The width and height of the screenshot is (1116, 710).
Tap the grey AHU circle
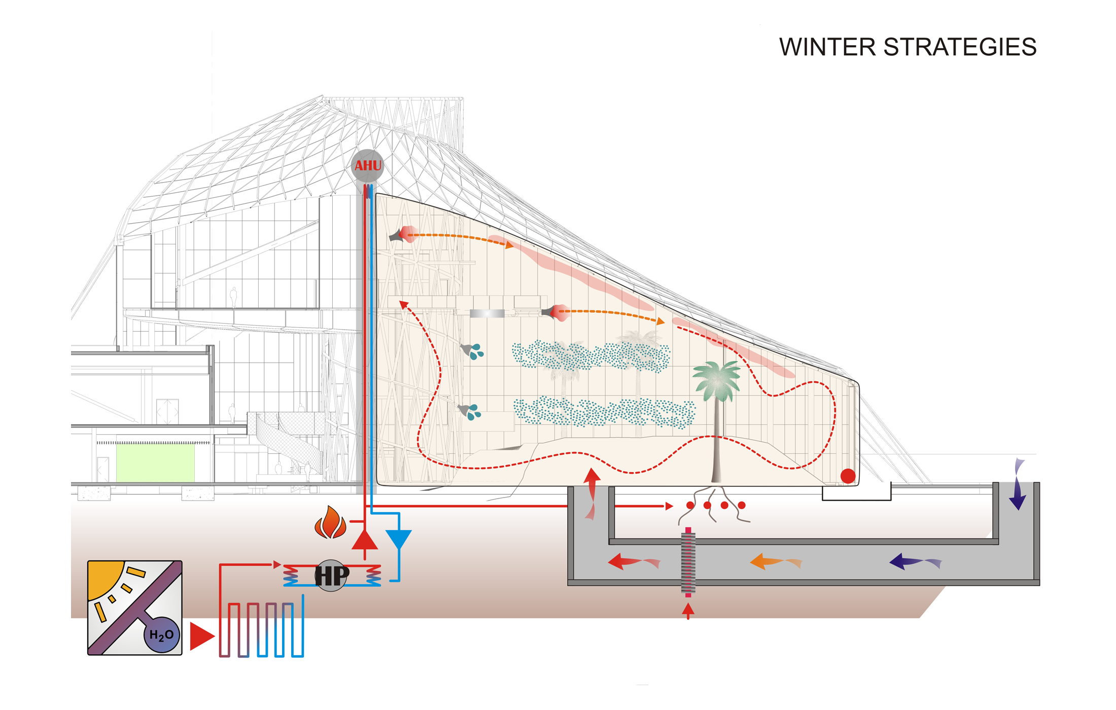pyautogui.click(x=367, y=166)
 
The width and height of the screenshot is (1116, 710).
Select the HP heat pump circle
pyautogui.click(x=331, y=576)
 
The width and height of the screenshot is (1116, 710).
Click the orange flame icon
pyautogui.click(x=330, y=522)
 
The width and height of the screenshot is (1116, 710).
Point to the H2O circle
pyautogui.click(x=162, y=634)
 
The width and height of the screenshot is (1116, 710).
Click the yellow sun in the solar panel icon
pyautogui.click(x=104, y=578)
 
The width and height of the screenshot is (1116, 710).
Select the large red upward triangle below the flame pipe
pyautogui.click(x=365, y=541)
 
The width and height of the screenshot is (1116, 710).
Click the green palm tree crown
pyautogui.click(x=717, y=380)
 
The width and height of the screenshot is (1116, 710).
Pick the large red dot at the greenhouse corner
pyautogui.click(x=848, y=476)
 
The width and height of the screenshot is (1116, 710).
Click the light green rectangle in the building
pyautogui.click(x=155, y=463)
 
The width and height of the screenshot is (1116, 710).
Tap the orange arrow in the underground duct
pyautogui.click(x=776, y=562)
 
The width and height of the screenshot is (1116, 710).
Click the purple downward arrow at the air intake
pyautogui.click(x=1018, y=484)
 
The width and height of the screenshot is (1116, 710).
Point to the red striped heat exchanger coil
pyautogui.click(x=688, y=562)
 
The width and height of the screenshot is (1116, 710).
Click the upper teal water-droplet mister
pyautogui.click(x=472, y=351)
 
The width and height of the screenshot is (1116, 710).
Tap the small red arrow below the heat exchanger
pyautogui.click(x=688, y=611)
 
